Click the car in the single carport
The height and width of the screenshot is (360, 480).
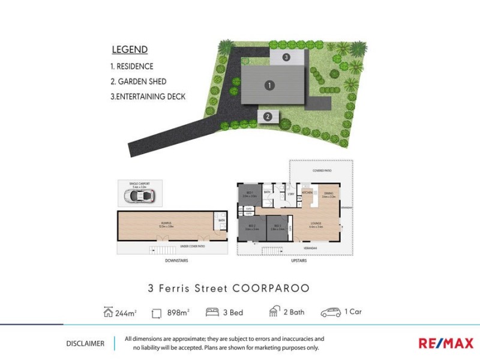point(140,196)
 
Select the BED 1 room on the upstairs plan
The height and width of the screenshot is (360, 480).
point(250,194)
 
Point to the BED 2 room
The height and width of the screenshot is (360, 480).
point(252,227)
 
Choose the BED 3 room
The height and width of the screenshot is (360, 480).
point(277,227)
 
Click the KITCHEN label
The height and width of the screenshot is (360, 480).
point(308,193)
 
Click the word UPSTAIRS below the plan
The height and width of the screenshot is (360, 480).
point(298,261)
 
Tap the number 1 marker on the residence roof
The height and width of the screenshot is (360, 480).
point(270,86)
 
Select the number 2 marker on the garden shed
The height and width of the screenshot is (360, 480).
point(268,116)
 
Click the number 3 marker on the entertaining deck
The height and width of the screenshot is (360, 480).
point(287,58)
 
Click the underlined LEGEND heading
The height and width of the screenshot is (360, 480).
point(130,50)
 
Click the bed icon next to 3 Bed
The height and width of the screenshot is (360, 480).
point(212,312)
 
